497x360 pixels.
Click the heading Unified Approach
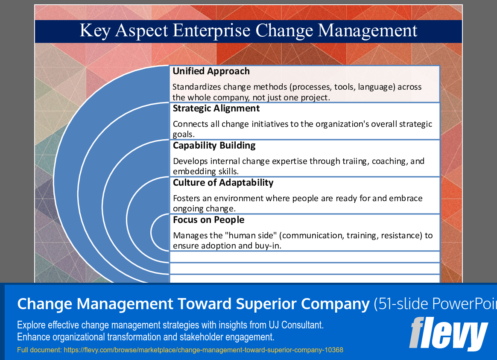(211, 71)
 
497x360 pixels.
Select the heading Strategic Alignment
(216, 108)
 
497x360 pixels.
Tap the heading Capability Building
(214, 146)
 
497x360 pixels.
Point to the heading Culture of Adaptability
(223, 183)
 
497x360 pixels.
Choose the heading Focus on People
(208, 220)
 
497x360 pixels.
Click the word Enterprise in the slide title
(211, 31)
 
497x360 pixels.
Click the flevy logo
(448, 334)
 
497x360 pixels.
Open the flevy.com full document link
(203, 350)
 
